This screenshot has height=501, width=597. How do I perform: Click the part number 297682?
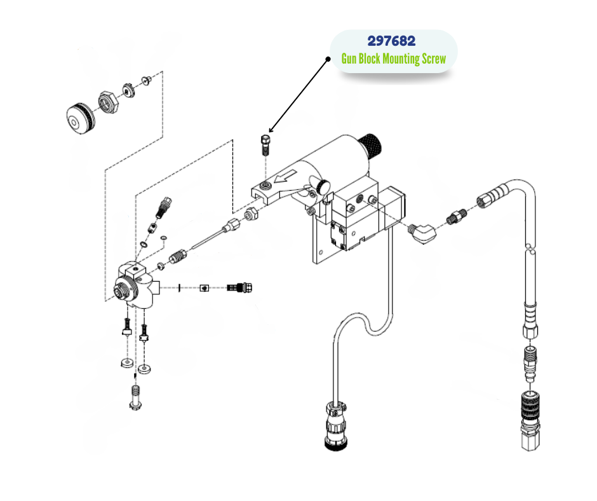[x=391, y=41]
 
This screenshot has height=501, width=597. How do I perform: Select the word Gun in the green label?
[x=349, y=59]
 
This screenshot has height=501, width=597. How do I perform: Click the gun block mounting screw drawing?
[x=265, y=146]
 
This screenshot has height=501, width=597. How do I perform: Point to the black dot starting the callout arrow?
[x=328, y=59]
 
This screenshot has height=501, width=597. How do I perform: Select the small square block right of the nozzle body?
[x=204, y=288]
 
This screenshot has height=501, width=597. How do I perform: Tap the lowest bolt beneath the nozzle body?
[x=135, y=398]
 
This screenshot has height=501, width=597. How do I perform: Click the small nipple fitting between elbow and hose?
[x=456, y=216]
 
